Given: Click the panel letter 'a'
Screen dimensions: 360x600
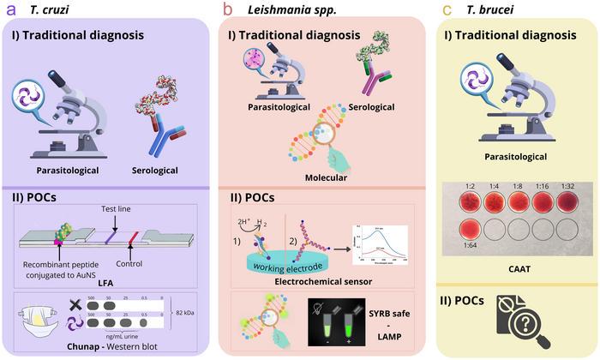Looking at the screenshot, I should coord(10,9).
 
